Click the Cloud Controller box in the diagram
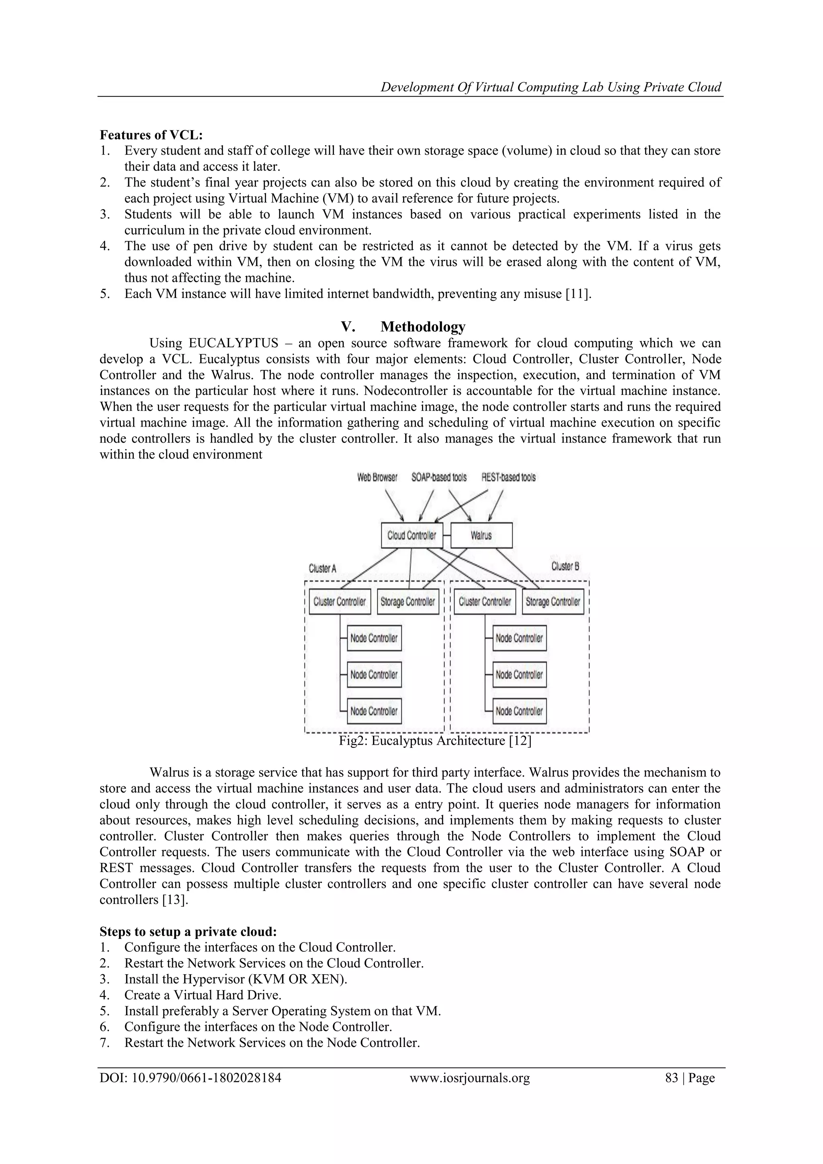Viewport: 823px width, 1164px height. click(x=411, y=535)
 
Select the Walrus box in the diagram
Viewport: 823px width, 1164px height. click(x=481, y=535)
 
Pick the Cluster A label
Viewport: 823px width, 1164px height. click(x=322, y=569)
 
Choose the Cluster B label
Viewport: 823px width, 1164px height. click(x=565, y=566)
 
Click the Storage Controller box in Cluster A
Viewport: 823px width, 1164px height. click(x=408, y=602)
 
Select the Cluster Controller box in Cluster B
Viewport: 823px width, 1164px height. click(x=485, y=602)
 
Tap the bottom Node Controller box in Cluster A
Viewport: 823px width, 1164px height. click(x=374, y=711)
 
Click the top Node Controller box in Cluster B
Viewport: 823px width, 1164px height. click(x=520, y=638)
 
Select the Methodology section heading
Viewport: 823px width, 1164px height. click(x=423, y=326)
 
